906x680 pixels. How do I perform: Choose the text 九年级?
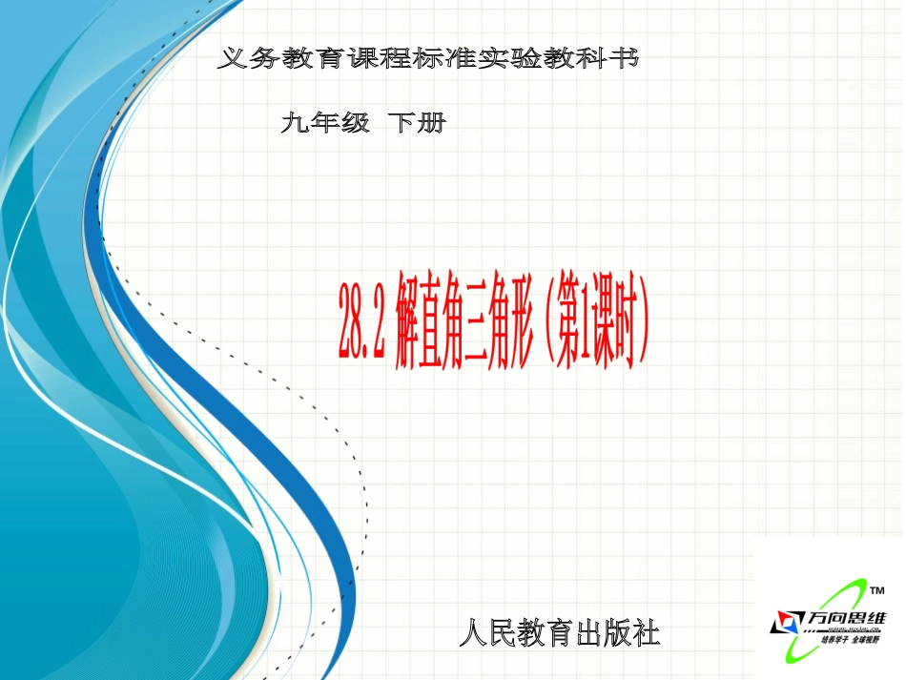click(x=325, y=122)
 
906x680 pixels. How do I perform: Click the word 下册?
click(x=417, y=122)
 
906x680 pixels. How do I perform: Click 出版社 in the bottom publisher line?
click(x=614, y=631)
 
